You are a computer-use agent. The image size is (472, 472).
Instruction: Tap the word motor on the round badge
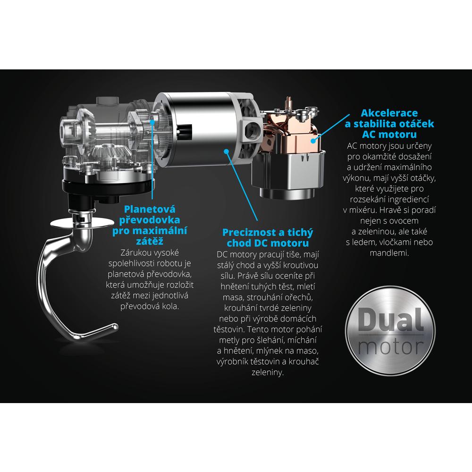[x=391, y=346]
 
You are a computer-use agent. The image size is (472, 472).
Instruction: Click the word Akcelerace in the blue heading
[x=389, y=113]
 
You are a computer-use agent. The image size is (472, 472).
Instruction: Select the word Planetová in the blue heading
[x=150, y=209]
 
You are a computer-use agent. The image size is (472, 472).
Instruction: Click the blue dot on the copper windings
[x=313, y=141]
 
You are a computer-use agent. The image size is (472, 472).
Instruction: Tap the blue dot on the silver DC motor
[x=227, y=152]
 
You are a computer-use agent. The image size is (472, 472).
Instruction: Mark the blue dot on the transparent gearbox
[x=152, y=122]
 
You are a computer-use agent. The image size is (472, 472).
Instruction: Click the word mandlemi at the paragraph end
[x=389, y=253]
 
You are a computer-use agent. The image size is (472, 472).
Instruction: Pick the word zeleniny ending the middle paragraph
[x=268, y=372]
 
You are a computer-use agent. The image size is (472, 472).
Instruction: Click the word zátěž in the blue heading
[x=150, y=241]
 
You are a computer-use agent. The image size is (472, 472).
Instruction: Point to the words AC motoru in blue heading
[x=389, y=134]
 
